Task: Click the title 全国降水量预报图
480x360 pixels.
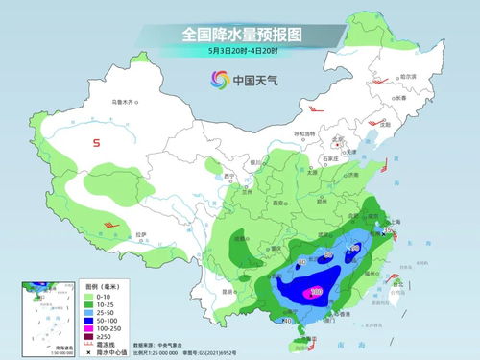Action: (240, 34)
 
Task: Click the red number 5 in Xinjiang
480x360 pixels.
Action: (97, 143)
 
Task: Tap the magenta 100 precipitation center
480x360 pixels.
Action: (316, 291)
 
